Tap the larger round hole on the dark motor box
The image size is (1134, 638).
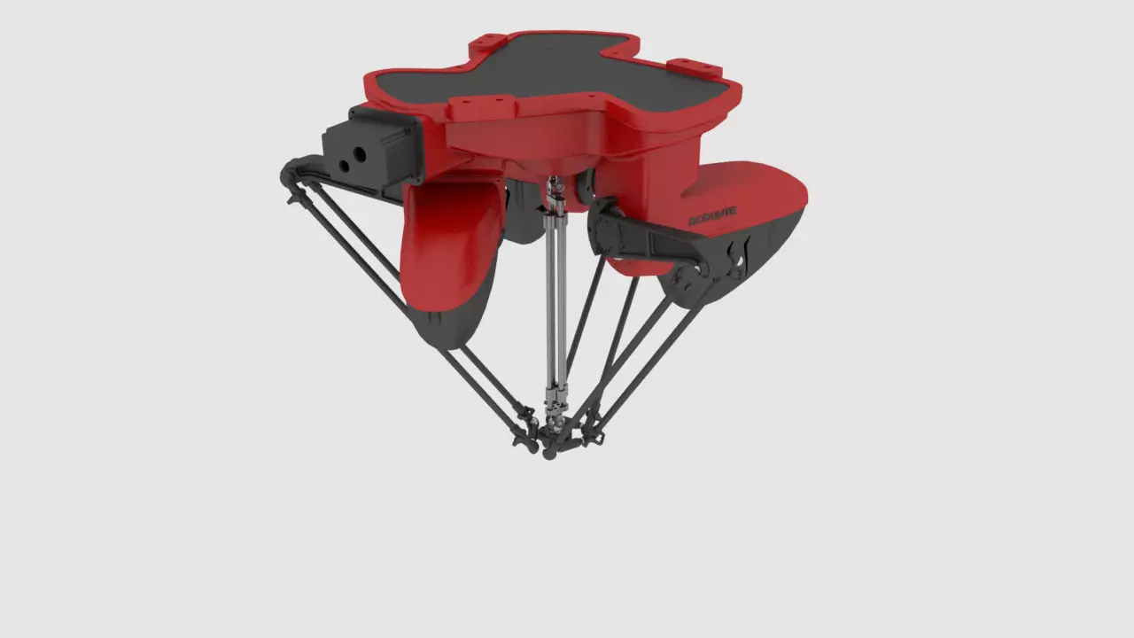360,155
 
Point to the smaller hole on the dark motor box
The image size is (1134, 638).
343,165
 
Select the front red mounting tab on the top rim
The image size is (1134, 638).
478,108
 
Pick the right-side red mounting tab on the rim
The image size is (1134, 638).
695,66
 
